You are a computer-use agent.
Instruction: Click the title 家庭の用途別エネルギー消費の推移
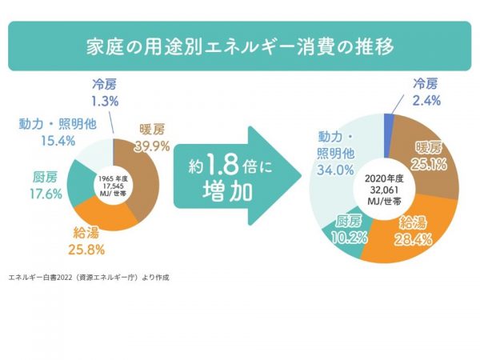click(240, 46)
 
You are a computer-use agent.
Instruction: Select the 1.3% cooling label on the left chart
click(105, 101)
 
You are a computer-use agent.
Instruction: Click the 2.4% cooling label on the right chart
click(426, 101)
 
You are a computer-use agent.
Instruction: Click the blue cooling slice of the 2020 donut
click(389, 122)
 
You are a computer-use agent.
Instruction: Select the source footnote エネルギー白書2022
click(89, 278)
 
